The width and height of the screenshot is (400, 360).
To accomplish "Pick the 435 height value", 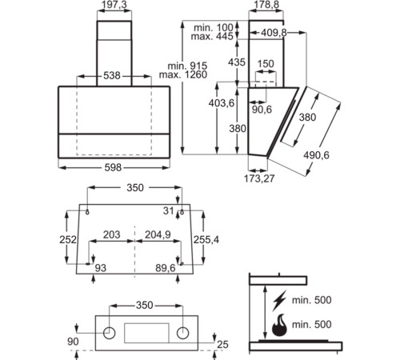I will (237, 62).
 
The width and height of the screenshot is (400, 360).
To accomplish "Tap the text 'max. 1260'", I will (188, 75).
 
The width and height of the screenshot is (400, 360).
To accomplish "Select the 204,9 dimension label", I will (156, 234).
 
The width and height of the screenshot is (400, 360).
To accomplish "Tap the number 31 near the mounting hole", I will (167, 210).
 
